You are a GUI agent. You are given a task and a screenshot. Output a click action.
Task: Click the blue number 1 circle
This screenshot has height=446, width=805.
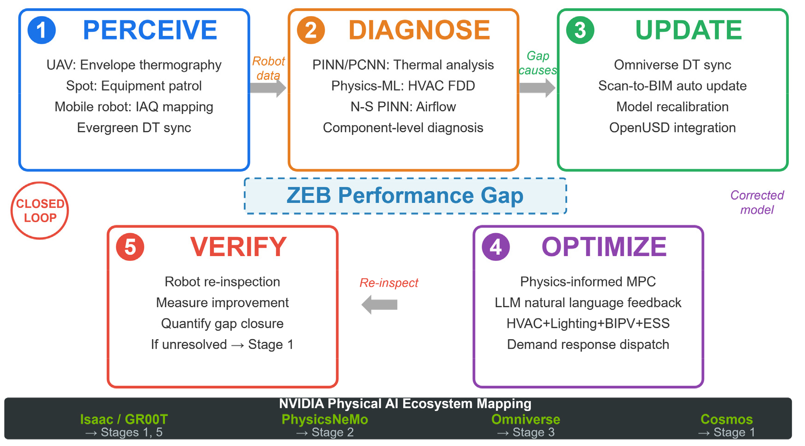pos(42,30)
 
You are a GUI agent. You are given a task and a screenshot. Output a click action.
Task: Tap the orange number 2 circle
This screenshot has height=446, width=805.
pos(311,30)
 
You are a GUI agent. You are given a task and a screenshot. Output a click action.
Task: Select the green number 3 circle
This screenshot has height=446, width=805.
pos(580,30)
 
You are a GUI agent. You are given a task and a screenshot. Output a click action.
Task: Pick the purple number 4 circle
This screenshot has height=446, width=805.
pos(496,247)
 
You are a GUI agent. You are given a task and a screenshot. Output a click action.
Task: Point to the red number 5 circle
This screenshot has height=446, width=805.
pos(130,247)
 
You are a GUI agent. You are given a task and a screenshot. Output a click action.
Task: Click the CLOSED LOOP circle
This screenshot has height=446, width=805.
pos(40,211)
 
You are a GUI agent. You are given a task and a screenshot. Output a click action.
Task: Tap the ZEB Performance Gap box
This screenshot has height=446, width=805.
pos(405,196)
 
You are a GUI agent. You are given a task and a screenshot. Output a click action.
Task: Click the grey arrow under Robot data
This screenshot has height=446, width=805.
pos(268,88)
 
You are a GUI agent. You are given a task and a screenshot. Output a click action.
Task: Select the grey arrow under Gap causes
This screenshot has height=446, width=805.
pos(537,88)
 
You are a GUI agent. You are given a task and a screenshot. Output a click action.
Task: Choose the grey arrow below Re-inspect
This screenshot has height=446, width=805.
pos(380,304)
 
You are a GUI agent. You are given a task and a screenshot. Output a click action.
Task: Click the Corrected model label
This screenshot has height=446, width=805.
pos(757,202)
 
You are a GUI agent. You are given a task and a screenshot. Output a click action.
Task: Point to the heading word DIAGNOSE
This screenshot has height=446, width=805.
pos(419,30)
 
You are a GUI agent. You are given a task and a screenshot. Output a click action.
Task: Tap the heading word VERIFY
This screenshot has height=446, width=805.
pos(238,247)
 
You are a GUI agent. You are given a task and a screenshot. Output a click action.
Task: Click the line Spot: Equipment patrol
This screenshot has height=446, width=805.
pos(134,86)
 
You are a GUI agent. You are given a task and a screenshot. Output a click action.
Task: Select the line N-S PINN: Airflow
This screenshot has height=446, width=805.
pos(403,107)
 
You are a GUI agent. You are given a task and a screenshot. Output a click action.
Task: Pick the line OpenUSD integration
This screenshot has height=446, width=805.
pos(672,128)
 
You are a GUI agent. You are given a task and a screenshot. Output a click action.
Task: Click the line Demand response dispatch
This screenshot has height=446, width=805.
pos(588,345)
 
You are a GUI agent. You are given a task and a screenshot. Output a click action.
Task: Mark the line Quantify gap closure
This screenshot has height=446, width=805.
pos(222,324)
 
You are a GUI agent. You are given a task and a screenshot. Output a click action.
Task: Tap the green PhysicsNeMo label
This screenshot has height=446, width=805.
pos(325,419)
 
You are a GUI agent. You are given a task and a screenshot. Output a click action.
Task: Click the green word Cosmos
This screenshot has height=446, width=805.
pos(727,419)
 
